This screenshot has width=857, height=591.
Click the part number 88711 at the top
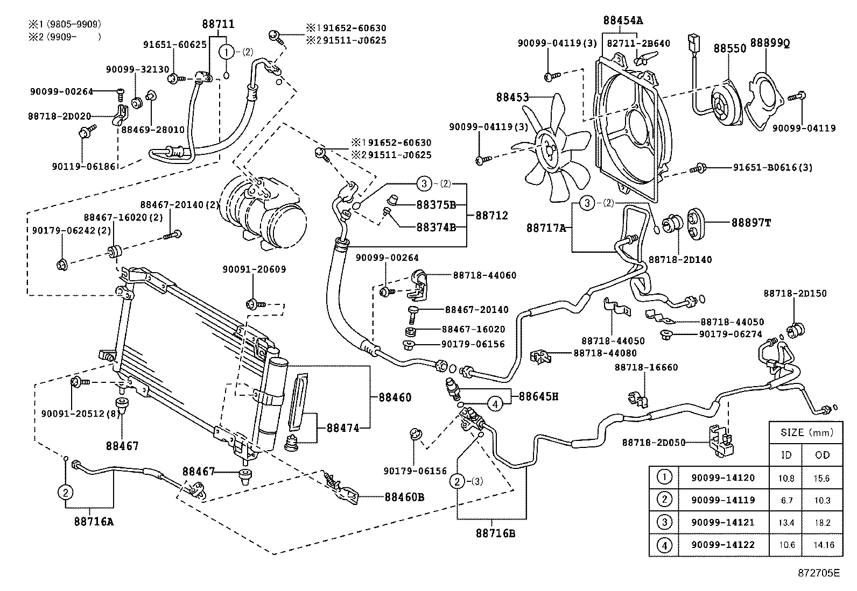coord(218,24)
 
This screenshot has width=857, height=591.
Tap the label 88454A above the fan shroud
coord(623,21)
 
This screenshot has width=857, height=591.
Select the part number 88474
coord(342,428)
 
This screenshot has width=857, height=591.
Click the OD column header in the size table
coord(822,455)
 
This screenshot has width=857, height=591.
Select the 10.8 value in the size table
coord(786,478)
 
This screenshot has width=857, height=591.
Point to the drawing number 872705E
coord(818,573)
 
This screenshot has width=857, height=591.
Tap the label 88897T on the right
coord(750,222)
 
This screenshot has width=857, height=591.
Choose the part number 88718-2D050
coord(654,443)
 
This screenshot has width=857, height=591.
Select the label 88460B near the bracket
coord(404,497)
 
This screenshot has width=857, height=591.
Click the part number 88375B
coord(436,205)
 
